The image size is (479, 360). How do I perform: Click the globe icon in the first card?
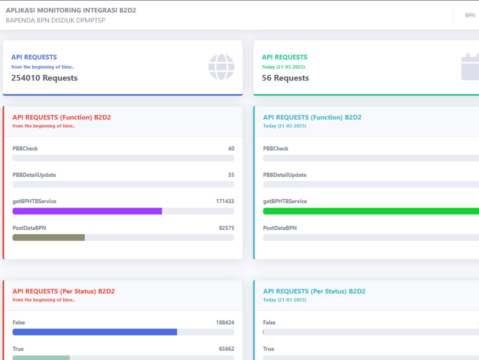[221, 67]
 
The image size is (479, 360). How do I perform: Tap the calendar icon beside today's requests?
[470, 67]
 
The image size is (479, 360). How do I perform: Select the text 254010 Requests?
[44, 78]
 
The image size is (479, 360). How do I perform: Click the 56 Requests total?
[285, 78]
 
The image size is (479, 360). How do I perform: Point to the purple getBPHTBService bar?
[87, 211]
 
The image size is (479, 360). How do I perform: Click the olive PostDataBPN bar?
[48, 237]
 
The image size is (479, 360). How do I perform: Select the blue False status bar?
[95, 332]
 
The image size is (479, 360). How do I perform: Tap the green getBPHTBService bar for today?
[371, 211]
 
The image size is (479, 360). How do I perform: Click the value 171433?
[225, 201]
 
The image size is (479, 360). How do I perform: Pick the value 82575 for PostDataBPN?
[227, 228]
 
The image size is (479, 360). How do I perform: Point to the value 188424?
[225, 323]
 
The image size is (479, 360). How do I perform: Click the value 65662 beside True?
[227, 349]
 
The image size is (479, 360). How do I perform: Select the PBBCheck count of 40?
[231, 149]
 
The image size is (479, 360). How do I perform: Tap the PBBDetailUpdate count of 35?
[231, 175]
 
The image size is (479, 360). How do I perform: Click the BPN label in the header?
[470, 15]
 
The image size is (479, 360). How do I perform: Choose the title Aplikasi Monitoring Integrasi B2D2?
[71, 10]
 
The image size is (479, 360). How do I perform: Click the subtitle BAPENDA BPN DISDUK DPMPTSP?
[55, 20]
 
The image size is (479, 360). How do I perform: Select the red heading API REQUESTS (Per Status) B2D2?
[64, 291]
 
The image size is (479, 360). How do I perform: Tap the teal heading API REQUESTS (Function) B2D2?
[312, 117]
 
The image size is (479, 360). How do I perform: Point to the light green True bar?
[41, 358]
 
